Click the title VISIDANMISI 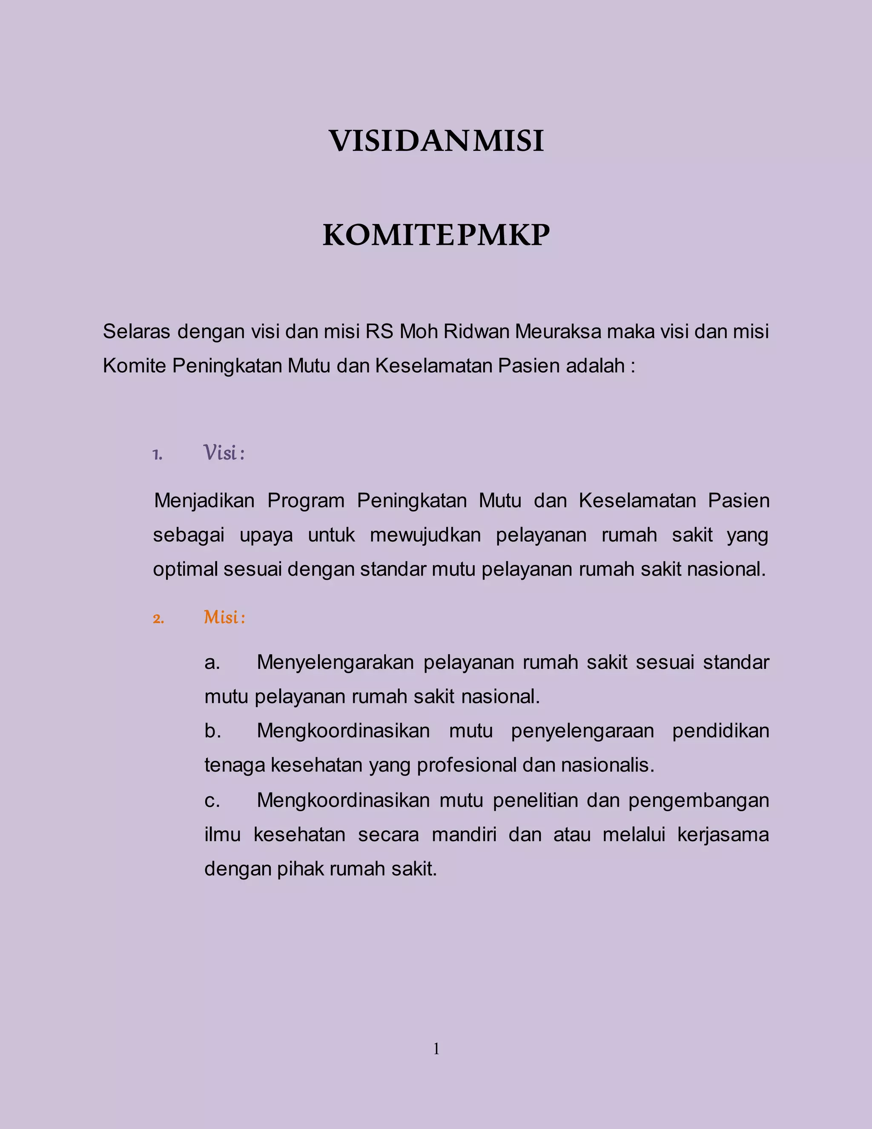click(x=436, y=141)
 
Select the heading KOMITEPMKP click(x=436, y=235)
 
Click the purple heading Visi click(x=221, y=453)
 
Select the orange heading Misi click(x=221, y=617)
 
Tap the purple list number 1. click(x=158, y=455)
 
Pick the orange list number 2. click(x=158, y=619)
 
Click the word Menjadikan click(x=204, y=501)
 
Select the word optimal click(x=185, y=569)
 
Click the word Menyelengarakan click(x=335, y=662)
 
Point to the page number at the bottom click(x=436, y=1048)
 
